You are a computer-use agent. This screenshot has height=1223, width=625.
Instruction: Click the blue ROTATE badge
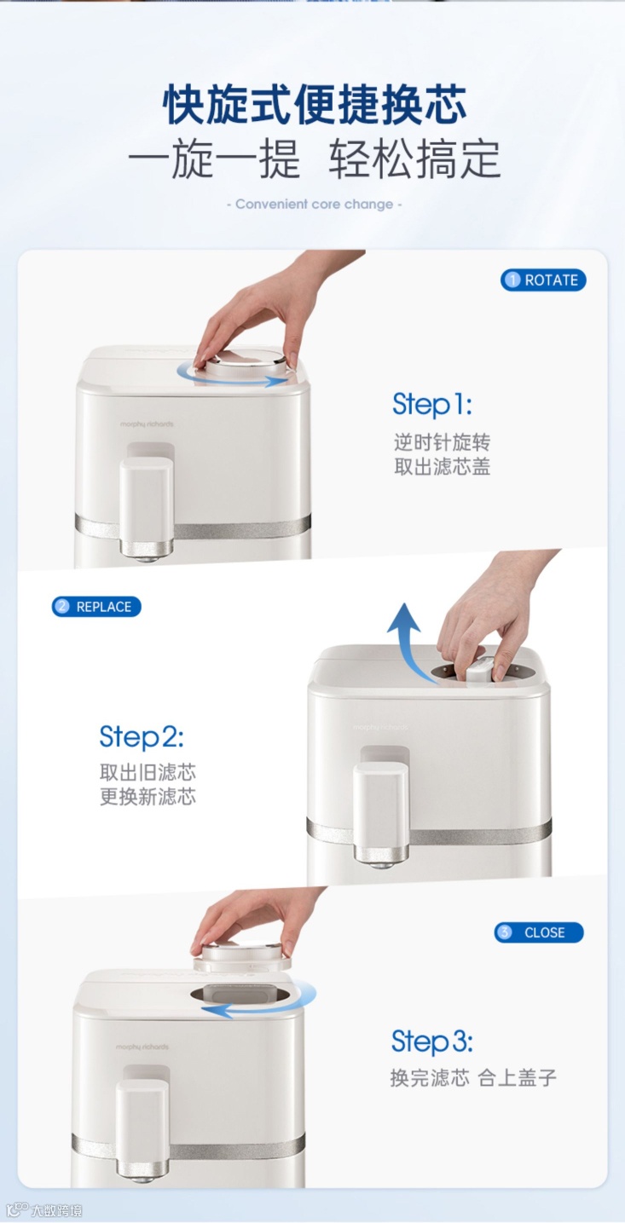tap(543, 280)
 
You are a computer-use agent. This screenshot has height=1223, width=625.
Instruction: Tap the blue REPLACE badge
tap(96, 607)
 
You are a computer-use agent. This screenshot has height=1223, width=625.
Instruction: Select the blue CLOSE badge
tap(539, 932)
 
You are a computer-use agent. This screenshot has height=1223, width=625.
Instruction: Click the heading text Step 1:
tap(432, 406)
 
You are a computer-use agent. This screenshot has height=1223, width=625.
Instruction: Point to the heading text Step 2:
tap(142, 737)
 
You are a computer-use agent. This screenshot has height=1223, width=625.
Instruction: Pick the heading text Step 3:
tap(431, 1041)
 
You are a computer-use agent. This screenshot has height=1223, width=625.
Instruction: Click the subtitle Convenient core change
tap(314, 205)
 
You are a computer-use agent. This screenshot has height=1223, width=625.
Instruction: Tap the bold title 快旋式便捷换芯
tap(315, 104)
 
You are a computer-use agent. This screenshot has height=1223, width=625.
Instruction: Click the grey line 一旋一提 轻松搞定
tap(314, 159)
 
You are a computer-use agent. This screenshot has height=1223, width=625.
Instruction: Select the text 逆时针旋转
tap(442, 441)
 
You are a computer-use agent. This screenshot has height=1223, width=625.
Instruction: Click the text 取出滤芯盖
tap(442, 466)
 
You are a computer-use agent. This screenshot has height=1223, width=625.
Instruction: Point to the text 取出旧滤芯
tap(148, 772)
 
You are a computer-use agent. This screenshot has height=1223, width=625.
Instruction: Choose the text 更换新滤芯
tap(148, 797)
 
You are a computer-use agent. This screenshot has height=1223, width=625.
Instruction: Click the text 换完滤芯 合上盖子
tap(473, 1078)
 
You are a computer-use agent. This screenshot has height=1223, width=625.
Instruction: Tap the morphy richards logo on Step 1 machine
tap(147, 424)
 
